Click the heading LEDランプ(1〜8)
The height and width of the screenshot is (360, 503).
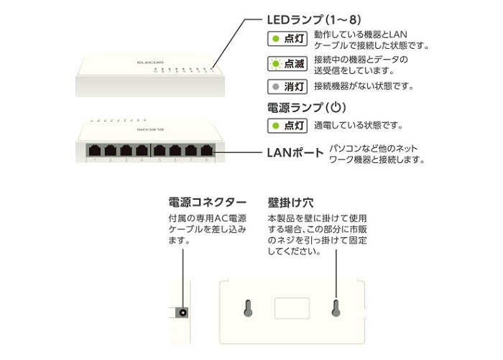pos(314,20)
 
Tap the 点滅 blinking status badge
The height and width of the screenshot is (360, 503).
pos(287,64)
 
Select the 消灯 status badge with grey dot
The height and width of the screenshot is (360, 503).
pos(287,87)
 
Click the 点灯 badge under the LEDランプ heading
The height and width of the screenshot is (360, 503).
pos(287,39)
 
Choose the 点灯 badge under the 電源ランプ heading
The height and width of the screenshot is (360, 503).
pos(287,126)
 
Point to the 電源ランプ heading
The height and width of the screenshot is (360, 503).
pos(306,108)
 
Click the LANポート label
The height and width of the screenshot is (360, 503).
pos(295,153)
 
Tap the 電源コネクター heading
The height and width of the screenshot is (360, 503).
pos(207,203)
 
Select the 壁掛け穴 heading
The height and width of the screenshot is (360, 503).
pos(290,203)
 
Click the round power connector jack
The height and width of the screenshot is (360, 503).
pos(183,313)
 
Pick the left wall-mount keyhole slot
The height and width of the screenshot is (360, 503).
pos(248,308)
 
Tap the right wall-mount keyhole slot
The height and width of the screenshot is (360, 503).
pos(336,308)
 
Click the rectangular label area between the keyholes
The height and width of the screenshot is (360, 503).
pos(292,308)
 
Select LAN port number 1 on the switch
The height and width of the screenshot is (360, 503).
pos(95,150)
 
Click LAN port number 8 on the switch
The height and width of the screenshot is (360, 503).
pos(207,150)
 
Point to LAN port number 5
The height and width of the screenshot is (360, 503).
pos(160,150)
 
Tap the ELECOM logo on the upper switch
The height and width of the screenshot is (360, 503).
pos(150,63)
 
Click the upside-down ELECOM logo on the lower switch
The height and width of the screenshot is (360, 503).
pos(150,129)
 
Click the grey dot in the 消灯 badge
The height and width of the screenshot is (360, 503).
pos(275,87)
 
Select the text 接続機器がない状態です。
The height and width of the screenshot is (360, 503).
pos(364,86)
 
